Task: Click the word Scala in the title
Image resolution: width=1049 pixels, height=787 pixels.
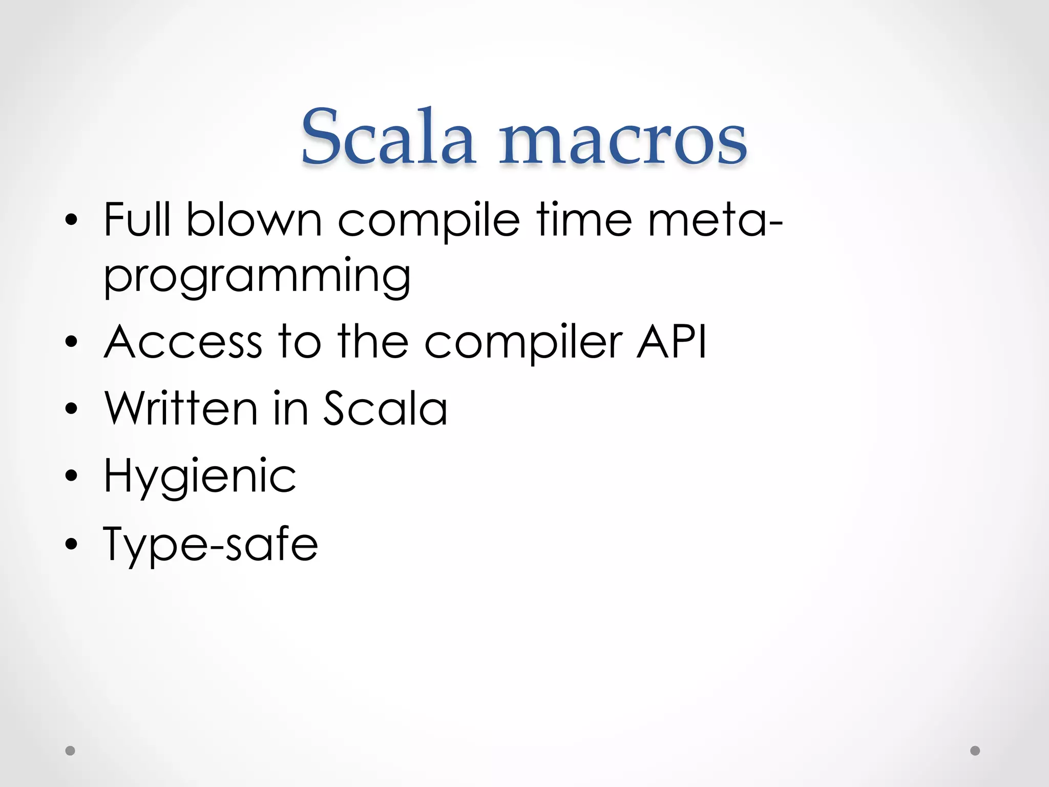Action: [x=388, y=137]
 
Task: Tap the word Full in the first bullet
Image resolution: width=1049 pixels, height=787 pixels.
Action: [x=137, y=220]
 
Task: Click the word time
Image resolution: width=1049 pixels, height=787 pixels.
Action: [x=583, y=220]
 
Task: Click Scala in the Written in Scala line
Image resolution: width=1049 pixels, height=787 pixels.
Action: [x=385, y=408]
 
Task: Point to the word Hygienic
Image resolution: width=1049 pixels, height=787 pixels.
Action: [x=200, y=477]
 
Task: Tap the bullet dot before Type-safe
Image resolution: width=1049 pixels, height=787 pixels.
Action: [x=71, y=544]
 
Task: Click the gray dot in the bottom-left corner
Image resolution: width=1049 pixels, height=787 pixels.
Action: [x=70, y=751]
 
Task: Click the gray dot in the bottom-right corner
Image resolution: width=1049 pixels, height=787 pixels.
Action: [x=975, y=751]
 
